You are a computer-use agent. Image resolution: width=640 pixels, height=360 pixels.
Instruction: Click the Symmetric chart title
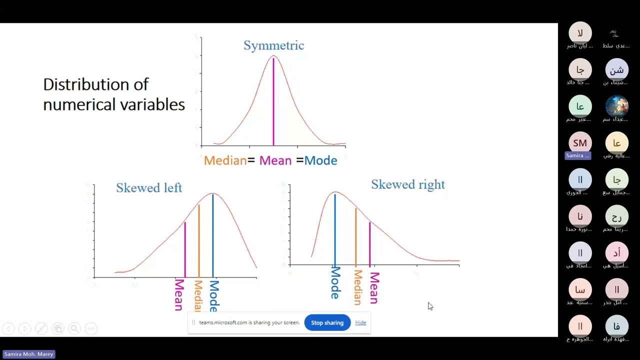tap(273, 45)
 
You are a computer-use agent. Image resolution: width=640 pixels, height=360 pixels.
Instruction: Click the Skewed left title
tap(149, 188)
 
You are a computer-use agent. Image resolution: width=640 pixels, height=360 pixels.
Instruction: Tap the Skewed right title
tap(407, 184)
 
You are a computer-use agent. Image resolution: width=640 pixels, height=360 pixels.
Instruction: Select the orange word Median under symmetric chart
tap(225, 160)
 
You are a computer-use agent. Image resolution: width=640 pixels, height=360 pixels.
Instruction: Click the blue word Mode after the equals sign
tap(320, 160)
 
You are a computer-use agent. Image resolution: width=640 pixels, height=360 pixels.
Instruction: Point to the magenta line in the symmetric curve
tap(273, 105)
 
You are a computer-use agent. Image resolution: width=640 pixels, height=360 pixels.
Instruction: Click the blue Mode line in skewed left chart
tap(213, 235)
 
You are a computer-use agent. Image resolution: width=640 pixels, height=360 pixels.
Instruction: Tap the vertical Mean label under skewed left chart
tap(179, 295)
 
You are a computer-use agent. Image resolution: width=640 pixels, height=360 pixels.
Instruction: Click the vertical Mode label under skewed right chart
tap(335, 283)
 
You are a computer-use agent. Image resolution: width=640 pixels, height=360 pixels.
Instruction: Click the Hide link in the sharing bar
tap(360, 322)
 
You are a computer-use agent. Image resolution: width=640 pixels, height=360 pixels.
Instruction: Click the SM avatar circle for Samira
tap(580, 143)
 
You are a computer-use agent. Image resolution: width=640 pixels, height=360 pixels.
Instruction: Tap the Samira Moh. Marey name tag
tap(29, 354)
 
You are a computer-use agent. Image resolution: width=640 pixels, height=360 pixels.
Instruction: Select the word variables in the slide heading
tap(155, 104)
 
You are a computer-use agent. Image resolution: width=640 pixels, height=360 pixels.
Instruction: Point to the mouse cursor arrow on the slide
tap(429, 305)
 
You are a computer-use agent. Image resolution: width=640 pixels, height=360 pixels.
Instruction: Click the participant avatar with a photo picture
tap(616, 106)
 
